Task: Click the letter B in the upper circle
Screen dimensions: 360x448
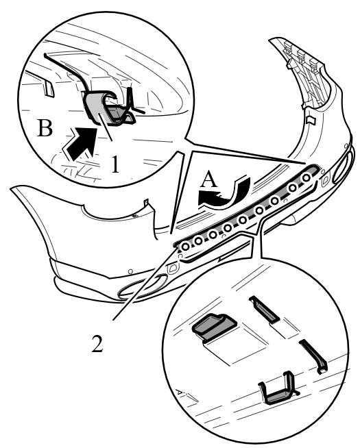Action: [45, 128]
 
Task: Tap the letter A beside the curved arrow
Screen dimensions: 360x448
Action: [209, 179]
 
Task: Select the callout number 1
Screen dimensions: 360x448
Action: [115, 164]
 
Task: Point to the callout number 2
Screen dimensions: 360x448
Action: [97, 343]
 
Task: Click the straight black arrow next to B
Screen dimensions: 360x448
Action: [80, 143]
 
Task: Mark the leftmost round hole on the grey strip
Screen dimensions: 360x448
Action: [186, 246]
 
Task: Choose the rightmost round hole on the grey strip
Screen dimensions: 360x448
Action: [307, 177]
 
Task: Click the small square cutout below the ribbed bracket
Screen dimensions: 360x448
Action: [310, 119]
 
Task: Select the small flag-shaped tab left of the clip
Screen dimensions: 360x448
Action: [48, 88]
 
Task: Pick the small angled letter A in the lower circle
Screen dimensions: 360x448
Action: [180, 391]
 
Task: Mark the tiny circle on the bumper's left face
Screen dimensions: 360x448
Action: [130, 271]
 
